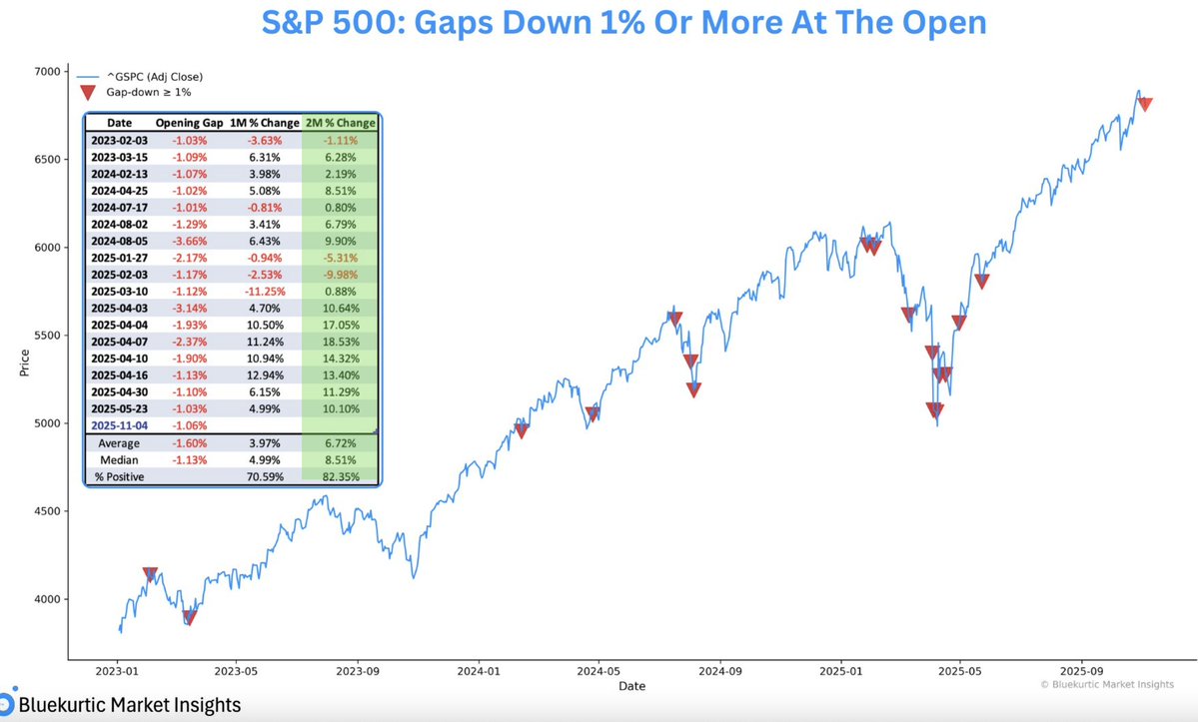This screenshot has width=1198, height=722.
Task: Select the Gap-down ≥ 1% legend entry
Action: point(148,92)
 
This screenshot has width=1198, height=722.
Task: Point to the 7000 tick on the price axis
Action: point(47,71)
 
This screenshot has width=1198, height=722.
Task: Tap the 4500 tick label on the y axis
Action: point(47,511)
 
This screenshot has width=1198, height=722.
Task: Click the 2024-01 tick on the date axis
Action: point(479,671)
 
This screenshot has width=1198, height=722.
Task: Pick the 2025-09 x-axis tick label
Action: point(1082,671)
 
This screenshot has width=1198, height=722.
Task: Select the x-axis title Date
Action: point(631,686)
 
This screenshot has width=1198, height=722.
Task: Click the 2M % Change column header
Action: point(340,123)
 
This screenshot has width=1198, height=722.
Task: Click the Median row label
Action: point(119,460)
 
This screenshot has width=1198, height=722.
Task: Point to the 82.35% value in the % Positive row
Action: point(340,477)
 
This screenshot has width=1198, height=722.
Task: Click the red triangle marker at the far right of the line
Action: point(1146,104)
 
